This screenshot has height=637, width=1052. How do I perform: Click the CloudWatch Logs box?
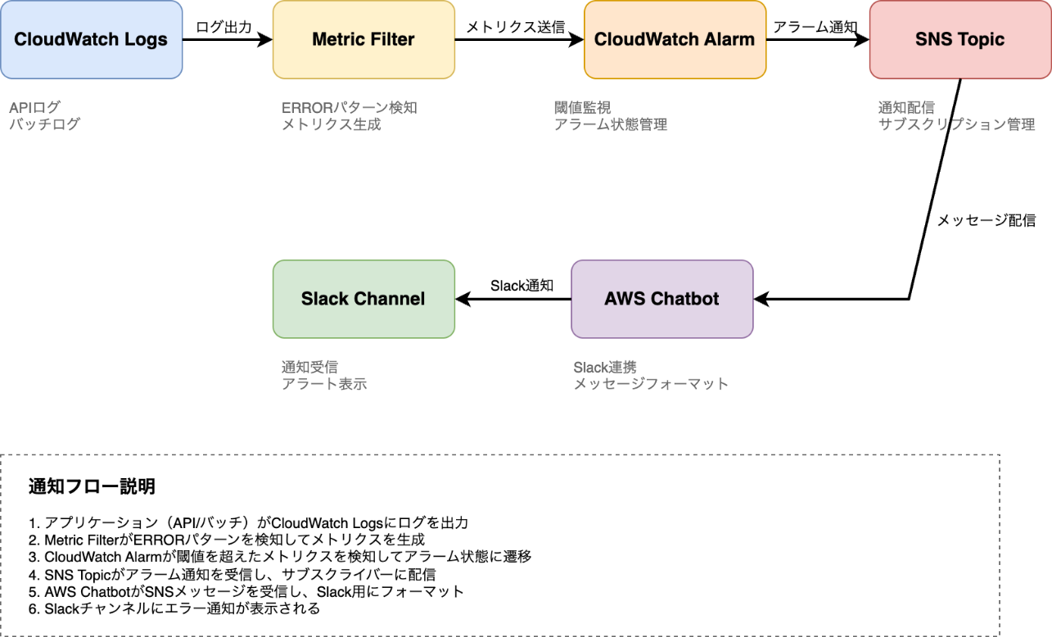tap(91, 39)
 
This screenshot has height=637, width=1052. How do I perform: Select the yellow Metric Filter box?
tap(363, 39)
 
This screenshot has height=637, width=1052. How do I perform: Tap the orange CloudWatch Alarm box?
tap(675, 39)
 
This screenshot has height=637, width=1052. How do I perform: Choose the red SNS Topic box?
tap(959, 39)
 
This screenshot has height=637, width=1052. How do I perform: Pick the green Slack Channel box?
tap(363, 299)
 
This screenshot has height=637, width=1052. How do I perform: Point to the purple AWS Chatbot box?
tap(661, 299)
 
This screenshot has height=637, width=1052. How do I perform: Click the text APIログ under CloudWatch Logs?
tap(34, 107)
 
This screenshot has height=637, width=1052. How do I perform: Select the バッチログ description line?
tap(45, 124)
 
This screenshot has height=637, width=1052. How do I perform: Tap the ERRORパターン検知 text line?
tap(350, 107)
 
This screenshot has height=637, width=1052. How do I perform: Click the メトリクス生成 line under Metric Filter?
tap(331, 124)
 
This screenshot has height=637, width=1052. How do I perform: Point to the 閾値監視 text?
tap(582, 107)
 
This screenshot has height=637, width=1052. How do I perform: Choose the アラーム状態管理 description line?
tap(611, 124)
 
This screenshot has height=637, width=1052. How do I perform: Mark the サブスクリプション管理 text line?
tap(956, 124)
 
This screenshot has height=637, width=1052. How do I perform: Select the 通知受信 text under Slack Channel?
tap(309, 367)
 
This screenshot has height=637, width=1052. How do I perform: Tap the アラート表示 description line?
tap(324, 384)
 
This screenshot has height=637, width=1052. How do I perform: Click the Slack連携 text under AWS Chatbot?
tap(605, 367)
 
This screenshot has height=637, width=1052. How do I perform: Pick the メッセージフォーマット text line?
tap(651, 384)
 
